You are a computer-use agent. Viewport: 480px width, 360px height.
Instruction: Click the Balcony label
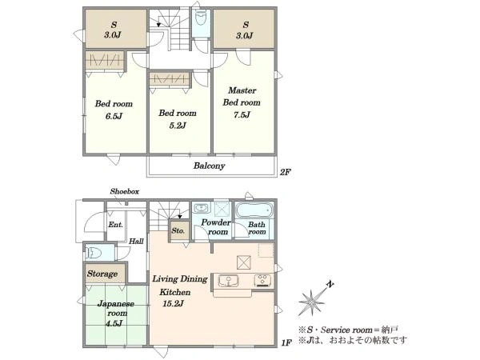tap(209, 166)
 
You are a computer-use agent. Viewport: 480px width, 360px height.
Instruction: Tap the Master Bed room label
tap(242, 97)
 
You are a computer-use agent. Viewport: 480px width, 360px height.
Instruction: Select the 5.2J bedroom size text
tap(178, 126)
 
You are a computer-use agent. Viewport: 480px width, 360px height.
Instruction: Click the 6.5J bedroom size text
tap(114, 116)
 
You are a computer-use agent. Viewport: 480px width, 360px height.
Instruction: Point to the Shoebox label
tap(125, 192)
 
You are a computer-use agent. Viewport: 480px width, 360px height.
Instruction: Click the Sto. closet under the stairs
tap(178, 230)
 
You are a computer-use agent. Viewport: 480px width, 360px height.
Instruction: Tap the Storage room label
tap(102, 274)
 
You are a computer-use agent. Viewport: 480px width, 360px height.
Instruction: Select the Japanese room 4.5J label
tap(116, 313)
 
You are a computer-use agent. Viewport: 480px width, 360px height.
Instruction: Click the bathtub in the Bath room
tap(254, 210)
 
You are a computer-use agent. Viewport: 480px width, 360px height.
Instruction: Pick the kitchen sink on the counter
tap(228, 281)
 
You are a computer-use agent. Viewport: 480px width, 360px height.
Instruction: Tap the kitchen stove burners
tap(262, 281)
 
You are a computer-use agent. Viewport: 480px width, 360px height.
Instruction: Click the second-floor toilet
tap(201, 19)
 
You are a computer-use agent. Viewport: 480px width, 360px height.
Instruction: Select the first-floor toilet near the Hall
tap(94, 253)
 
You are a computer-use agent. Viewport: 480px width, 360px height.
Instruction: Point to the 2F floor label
tap(285, 172)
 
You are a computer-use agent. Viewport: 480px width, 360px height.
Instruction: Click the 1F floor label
tap(286, 342)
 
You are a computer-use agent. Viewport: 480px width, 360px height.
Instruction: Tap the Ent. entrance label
tap(116, 225)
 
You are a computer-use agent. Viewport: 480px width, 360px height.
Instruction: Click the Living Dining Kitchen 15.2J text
tap(180, 291)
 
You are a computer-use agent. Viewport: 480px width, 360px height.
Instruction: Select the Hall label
tap(136, 242)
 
